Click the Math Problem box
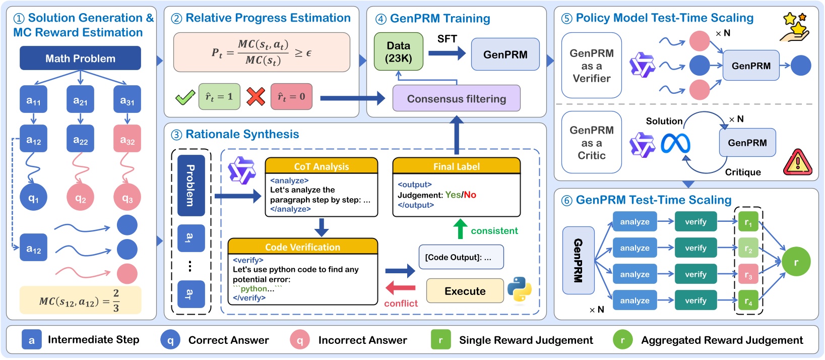pyautogui.click(x=80, y=58)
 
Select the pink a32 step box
pyautogui.click(x=127, y=139)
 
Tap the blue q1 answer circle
pyautogui.click(x=33, y=197)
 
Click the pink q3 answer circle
pyautogui.click(x=127, y=197)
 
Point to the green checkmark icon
pyautogui.click(x=185, y=97)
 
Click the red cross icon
pyautogui.click(x=256, y=96)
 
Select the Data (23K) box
pyautogui.click(x=399, y=52)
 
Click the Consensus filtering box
pyautogui.click(x=456, y=98)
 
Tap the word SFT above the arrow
pyautogui.click(x=447, y=39)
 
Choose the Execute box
pyautogui.click(x=465, y=291)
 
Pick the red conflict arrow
pyautogui.click(x=401, y=288)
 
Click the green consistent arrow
pyautogui.click(x=460, y=229)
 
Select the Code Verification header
pyautogui.click(x=302, y=247)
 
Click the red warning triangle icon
pyautogui.click(x=797, y=163)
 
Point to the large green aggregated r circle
pyautogui.click(x=796, y=262)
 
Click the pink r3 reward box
pyautogui.click(x=748, y=275)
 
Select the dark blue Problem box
pyautogui.click(x=191, y=185)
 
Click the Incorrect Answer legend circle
pyautogui.click(x=300, y=340)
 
